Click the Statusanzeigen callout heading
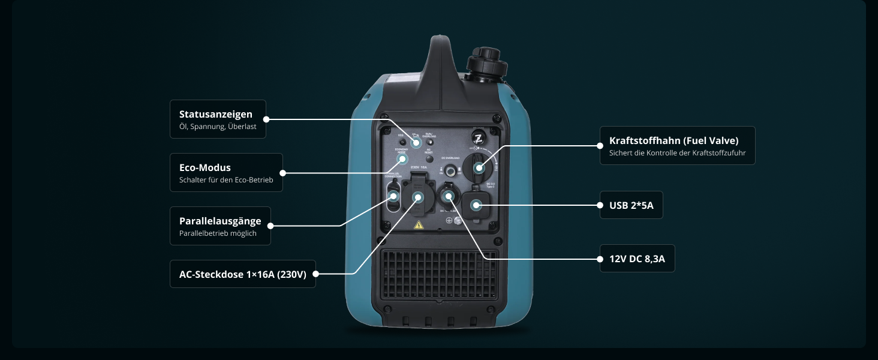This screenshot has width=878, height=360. click(215, 114)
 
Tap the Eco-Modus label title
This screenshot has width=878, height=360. click(205, 167)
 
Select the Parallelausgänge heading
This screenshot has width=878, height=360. click(220, 221)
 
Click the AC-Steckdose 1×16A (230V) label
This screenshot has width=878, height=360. click(242, 274)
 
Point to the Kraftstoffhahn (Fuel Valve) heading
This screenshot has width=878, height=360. click(673, 140)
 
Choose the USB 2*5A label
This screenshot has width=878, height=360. click(631, 206)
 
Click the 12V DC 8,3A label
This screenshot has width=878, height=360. click(637, 259)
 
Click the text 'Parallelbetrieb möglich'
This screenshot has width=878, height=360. click(218, 233)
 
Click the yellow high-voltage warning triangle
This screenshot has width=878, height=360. click(419, 226)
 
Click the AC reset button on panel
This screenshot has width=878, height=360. click(429, 144)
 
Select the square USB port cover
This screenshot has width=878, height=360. click(477, 205)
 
